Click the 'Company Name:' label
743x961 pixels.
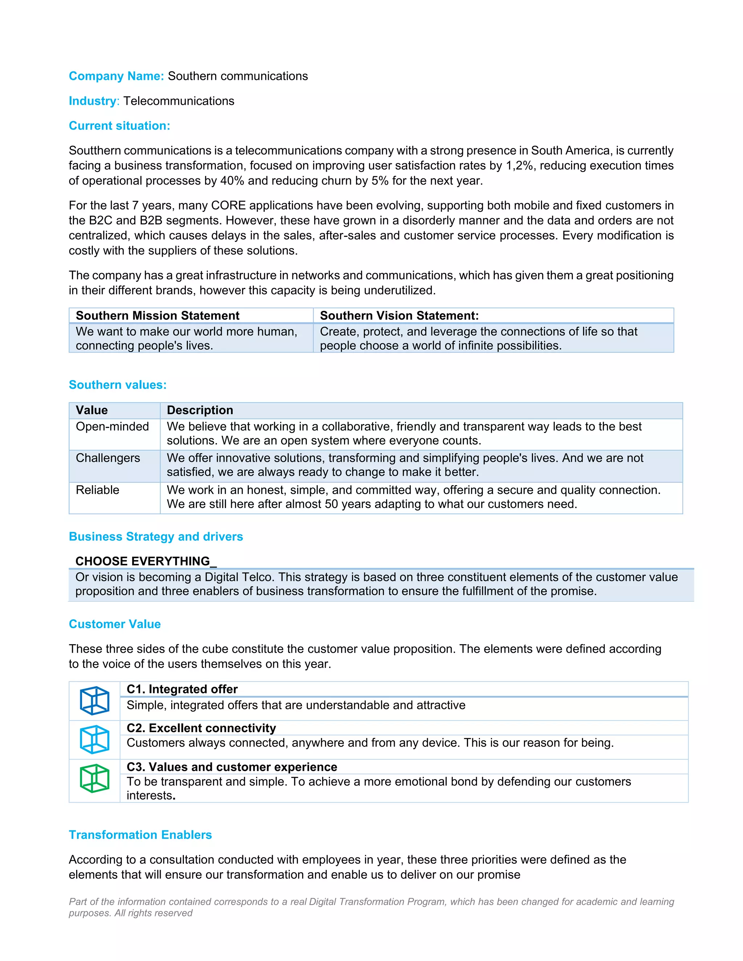click(116, 76)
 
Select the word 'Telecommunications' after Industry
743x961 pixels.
click(179, 101)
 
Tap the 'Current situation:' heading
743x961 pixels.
click(119, 126)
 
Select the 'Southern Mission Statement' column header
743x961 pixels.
click(157, 315)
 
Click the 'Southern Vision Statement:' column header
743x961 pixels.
click(399, 315)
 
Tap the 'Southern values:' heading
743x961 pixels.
click(118, 385)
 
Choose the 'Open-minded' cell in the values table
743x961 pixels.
click(112, 426)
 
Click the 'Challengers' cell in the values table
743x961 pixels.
click(108, 458)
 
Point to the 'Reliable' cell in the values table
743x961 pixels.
click(97, 490)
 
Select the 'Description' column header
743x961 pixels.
click(200, 410)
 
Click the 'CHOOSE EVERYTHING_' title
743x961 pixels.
click(146, 561)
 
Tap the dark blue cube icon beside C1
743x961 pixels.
click(95, 701)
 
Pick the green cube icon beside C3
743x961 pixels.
click(95, 778)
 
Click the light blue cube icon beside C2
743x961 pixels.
click(95, 740)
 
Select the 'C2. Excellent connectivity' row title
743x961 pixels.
click(201, 728)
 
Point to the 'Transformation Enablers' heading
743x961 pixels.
click(140, 835)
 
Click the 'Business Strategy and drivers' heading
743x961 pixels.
click(156, 537)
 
